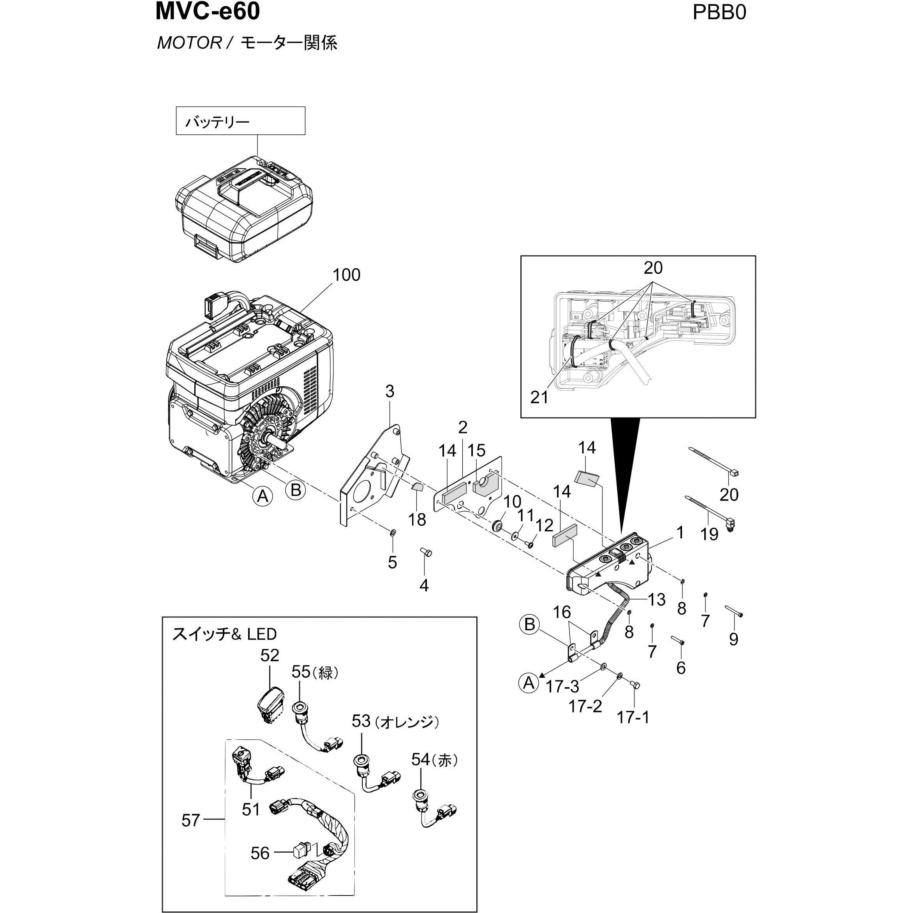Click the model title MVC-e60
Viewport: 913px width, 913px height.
click(208, 11)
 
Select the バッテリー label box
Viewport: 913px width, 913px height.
click(241, 121)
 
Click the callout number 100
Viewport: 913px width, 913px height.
click(346, 275)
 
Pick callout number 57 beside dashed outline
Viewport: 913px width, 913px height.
click(191, 820)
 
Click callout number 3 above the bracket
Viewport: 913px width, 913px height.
click(390, 391)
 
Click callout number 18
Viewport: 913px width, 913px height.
click(417, 519)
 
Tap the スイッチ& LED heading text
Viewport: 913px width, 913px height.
click(224, 634)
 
